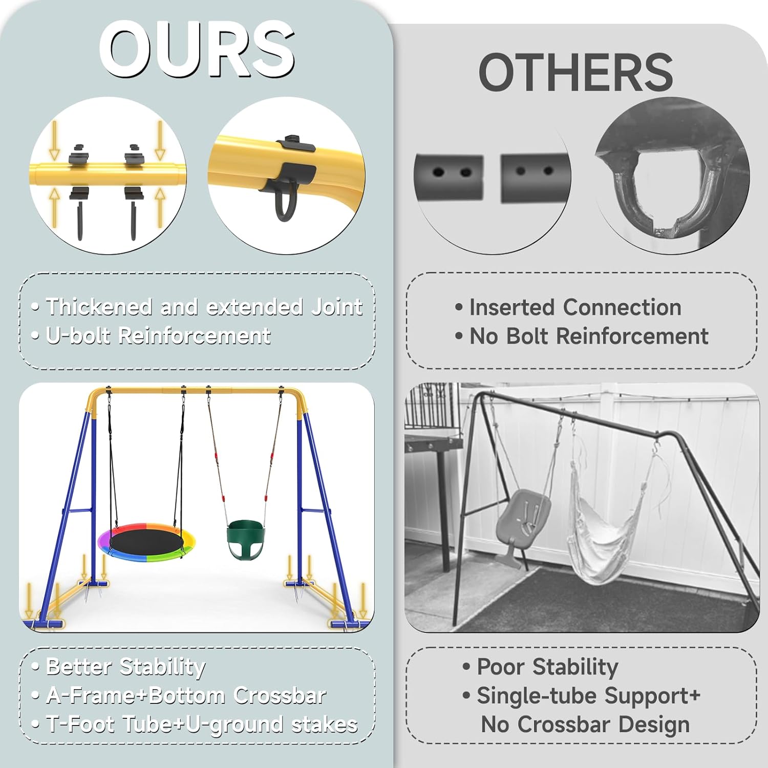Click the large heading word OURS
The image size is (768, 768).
pyautogui.click(x=197, y=49)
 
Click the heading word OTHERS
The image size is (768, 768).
pyautogui.click(x=575, y=72)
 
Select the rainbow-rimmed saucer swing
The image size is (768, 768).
pyautogui.click(x=146, y=542)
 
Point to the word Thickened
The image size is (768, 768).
pyautogui.click(x=99, y=307)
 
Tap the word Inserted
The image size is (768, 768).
pyautogui.click(x=512, y=307)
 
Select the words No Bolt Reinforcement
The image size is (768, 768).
pyautogui.click(x=589, y=336)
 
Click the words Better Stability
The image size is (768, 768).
pyautogui.click(x=125, y=667)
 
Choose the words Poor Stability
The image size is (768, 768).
pyautogui.click(x=547, y=667)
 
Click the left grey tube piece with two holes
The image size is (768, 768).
pyautogui.click(x=449, y=177)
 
